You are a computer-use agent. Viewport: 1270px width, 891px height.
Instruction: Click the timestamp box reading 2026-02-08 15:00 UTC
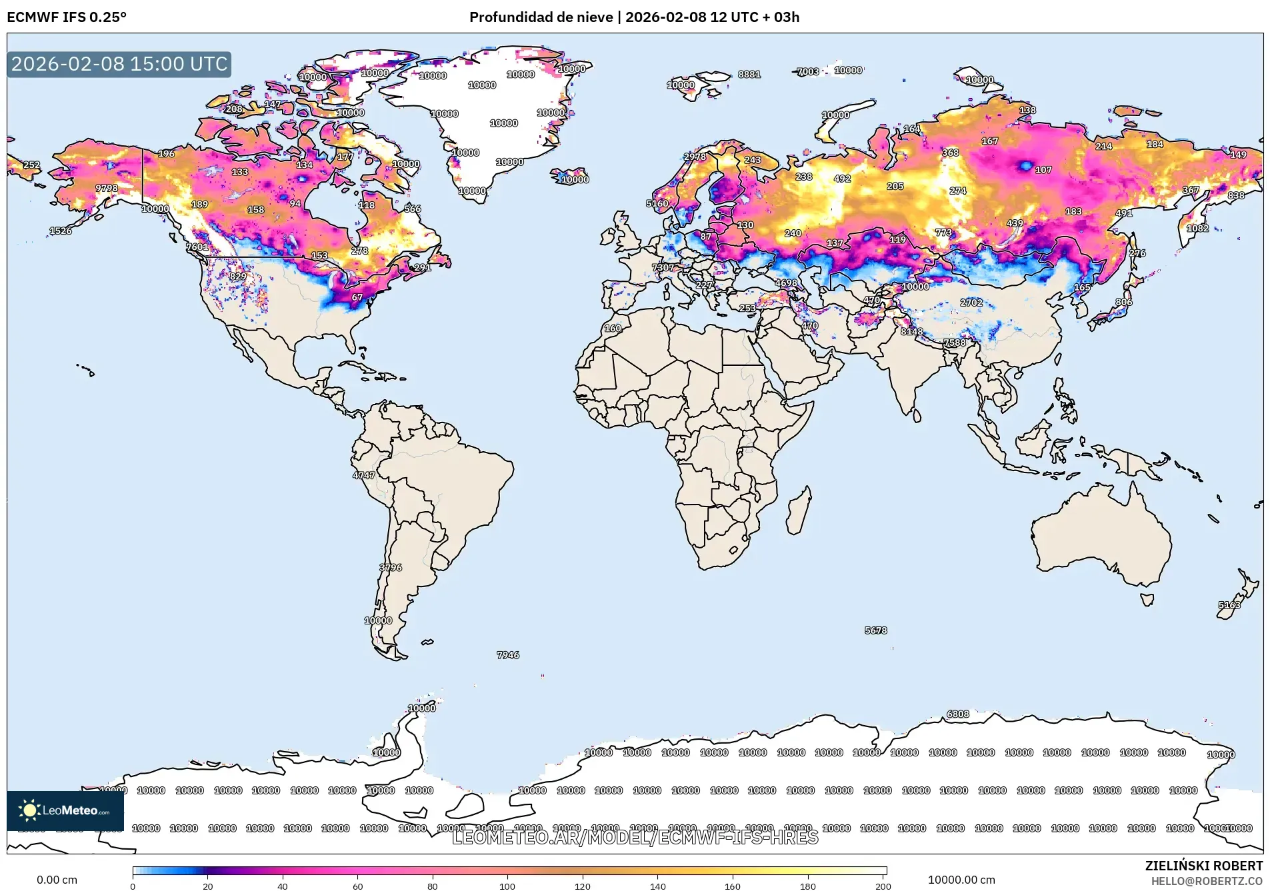point(119,64)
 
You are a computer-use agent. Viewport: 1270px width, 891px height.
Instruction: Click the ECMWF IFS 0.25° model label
point(67,17)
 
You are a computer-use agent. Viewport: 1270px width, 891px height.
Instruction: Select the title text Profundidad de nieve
point(541,17)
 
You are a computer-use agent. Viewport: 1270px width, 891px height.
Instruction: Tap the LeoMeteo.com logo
point(65,810)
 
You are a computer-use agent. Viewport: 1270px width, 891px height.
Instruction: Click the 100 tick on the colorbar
point(507,886)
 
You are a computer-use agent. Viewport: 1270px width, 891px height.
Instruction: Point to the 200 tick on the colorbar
point(883,886)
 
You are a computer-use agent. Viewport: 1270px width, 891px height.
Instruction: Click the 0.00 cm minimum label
point(57,880)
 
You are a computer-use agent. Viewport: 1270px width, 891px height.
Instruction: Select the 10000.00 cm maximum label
point(961,880)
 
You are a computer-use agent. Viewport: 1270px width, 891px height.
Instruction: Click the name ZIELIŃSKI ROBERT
point(1203,866)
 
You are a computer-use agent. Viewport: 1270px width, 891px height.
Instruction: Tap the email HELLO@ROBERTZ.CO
point(1207,881)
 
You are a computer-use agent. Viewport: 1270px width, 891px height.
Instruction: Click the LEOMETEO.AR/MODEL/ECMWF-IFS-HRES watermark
point(635,838)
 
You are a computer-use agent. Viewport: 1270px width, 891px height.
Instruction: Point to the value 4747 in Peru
point(364,475)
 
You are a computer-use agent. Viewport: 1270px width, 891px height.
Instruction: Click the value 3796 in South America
point(391,568)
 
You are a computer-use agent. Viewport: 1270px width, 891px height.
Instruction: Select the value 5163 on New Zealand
point(1229,605)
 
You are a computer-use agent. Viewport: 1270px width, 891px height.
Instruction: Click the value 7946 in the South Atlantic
point(508,655)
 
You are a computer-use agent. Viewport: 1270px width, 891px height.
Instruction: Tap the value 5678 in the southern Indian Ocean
point(876,630)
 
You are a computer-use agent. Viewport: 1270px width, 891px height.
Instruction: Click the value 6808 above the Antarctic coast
point(958,714)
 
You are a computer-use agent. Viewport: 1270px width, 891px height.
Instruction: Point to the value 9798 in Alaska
point(107,188)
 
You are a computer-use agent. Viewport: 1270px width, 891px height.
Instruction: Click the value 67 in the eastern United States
point(357,297)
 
